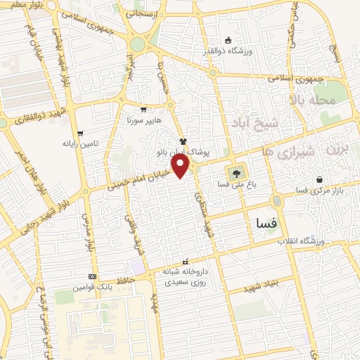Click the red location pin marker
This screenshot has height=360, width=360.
coord(182,166)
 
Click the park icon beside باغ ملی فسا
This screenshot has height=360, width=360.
coord(236,173)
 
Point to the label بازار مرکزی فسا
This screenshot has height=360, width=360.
coord(312,190)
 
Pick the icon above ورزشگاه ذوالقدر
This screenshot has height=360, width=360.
coord(227,39)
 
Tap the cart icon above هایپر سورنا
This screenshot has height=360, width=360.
coord(143,109)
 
